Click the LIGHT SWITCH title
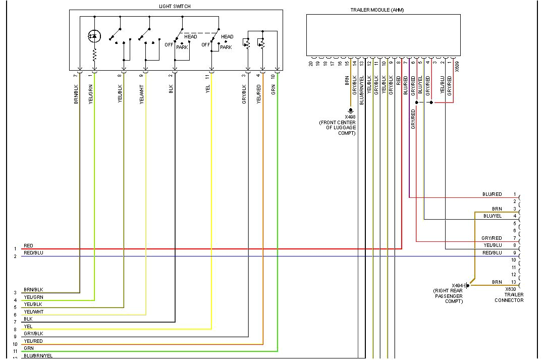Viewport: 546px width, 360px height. (x=175, y=6)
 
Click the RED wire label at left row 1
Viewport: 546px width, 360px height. (x=28, y=246)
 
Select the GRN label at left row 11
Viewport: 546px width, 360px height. (x=28, y=348)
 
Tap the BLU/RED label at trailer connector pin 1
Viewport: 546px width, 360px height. (x=492, y=194)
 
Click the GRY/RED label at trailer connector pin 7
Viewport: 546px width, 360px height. (x=492, y=238)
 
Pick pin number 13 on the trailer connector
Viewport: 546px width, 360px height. (x=514, y=282)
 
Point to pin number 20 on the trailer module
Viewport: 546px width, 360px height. (x=311, y=64)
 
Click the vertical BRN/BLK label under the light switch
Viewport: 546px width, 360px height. (x=76, y=93)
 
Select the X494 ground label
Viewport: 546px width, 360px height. (x=458, y=285)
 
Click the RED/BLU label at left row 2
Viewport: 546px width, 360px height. (x=33, y=252)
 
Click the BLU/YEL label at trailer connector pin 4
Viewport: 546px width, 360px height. (x=493, y=216)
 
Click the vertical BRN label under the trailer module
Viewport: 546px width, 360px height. (x=347, y=81)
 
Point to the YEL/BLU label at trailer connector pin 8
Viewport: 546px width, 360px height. (x=492, y=245)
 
